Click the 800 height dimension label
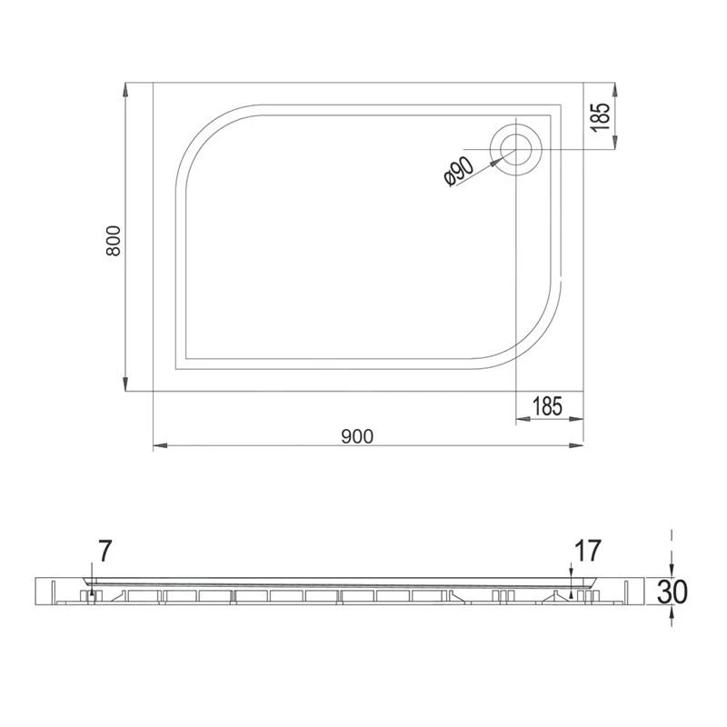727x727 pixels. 113,241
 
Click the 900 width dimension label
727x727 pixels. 357,436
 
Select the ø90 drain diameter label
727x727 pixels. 459,171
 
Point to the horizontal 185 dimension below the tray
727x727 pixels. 547,406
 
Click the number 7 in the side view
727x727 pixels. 105,551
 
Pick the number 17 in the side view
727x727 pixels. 588,551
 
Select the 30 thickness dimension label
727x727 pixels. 672,592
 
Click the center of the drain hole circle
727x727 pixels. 515,149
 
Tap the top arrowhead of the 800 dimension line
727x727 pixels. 125,90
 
